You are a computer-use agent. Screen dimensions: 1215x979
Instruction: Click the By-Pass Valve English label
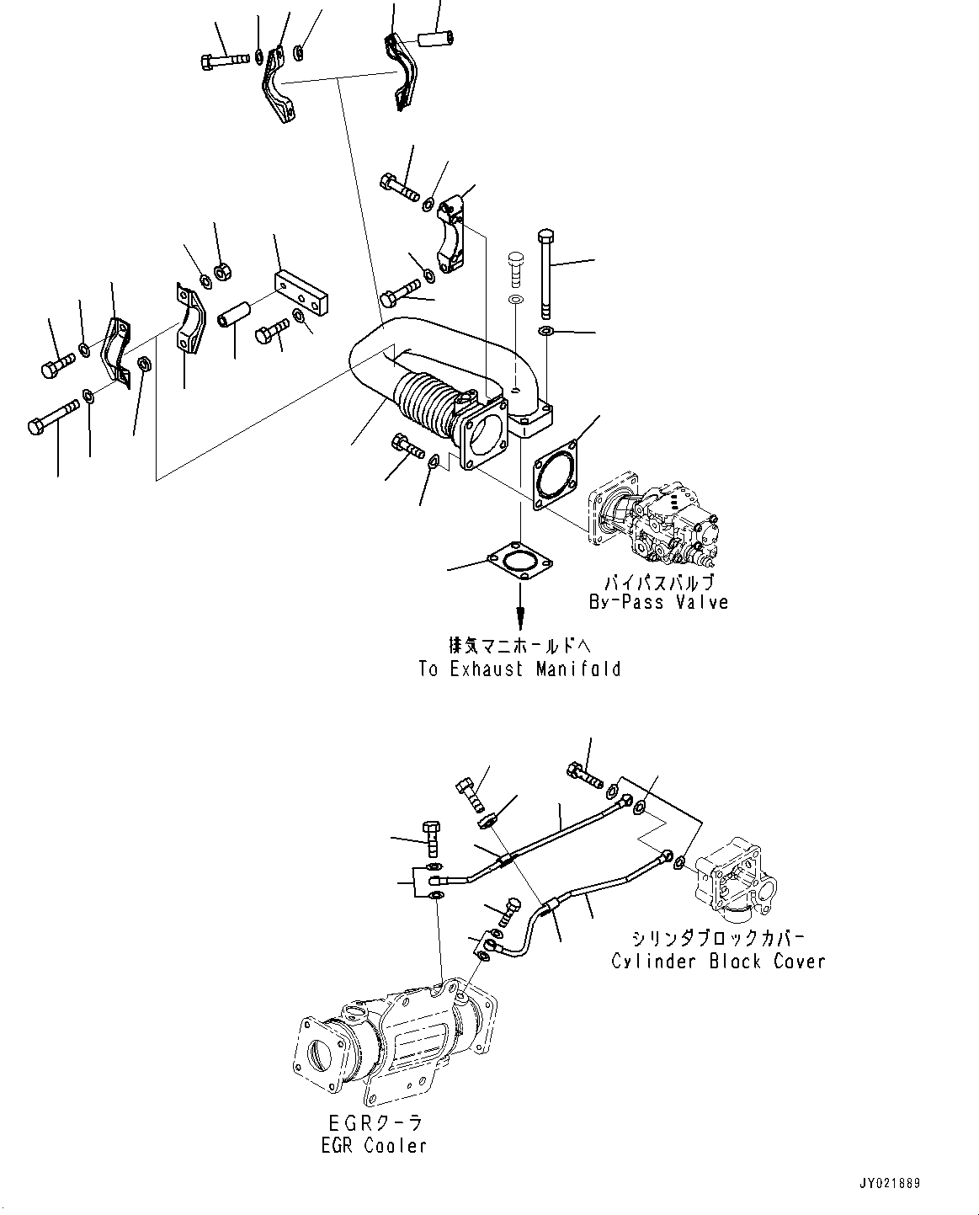pyautogui.click(x=657, y=602)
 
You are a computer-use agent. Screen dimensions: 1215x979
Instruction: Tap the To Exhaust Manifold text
pyautogui.click(x=519, y=669)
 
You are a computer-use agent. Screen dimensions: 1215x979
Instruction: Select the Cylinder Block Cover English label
pyautogui.click(x=718, y=961)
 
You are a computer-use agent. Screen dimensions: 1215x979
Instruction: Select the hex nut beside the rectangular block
pyautogui.click(x=223, y=272)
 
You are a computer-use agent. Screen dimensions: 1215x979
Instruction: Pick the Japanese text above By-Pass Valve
pyautogui.click(x=657, y=582)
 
